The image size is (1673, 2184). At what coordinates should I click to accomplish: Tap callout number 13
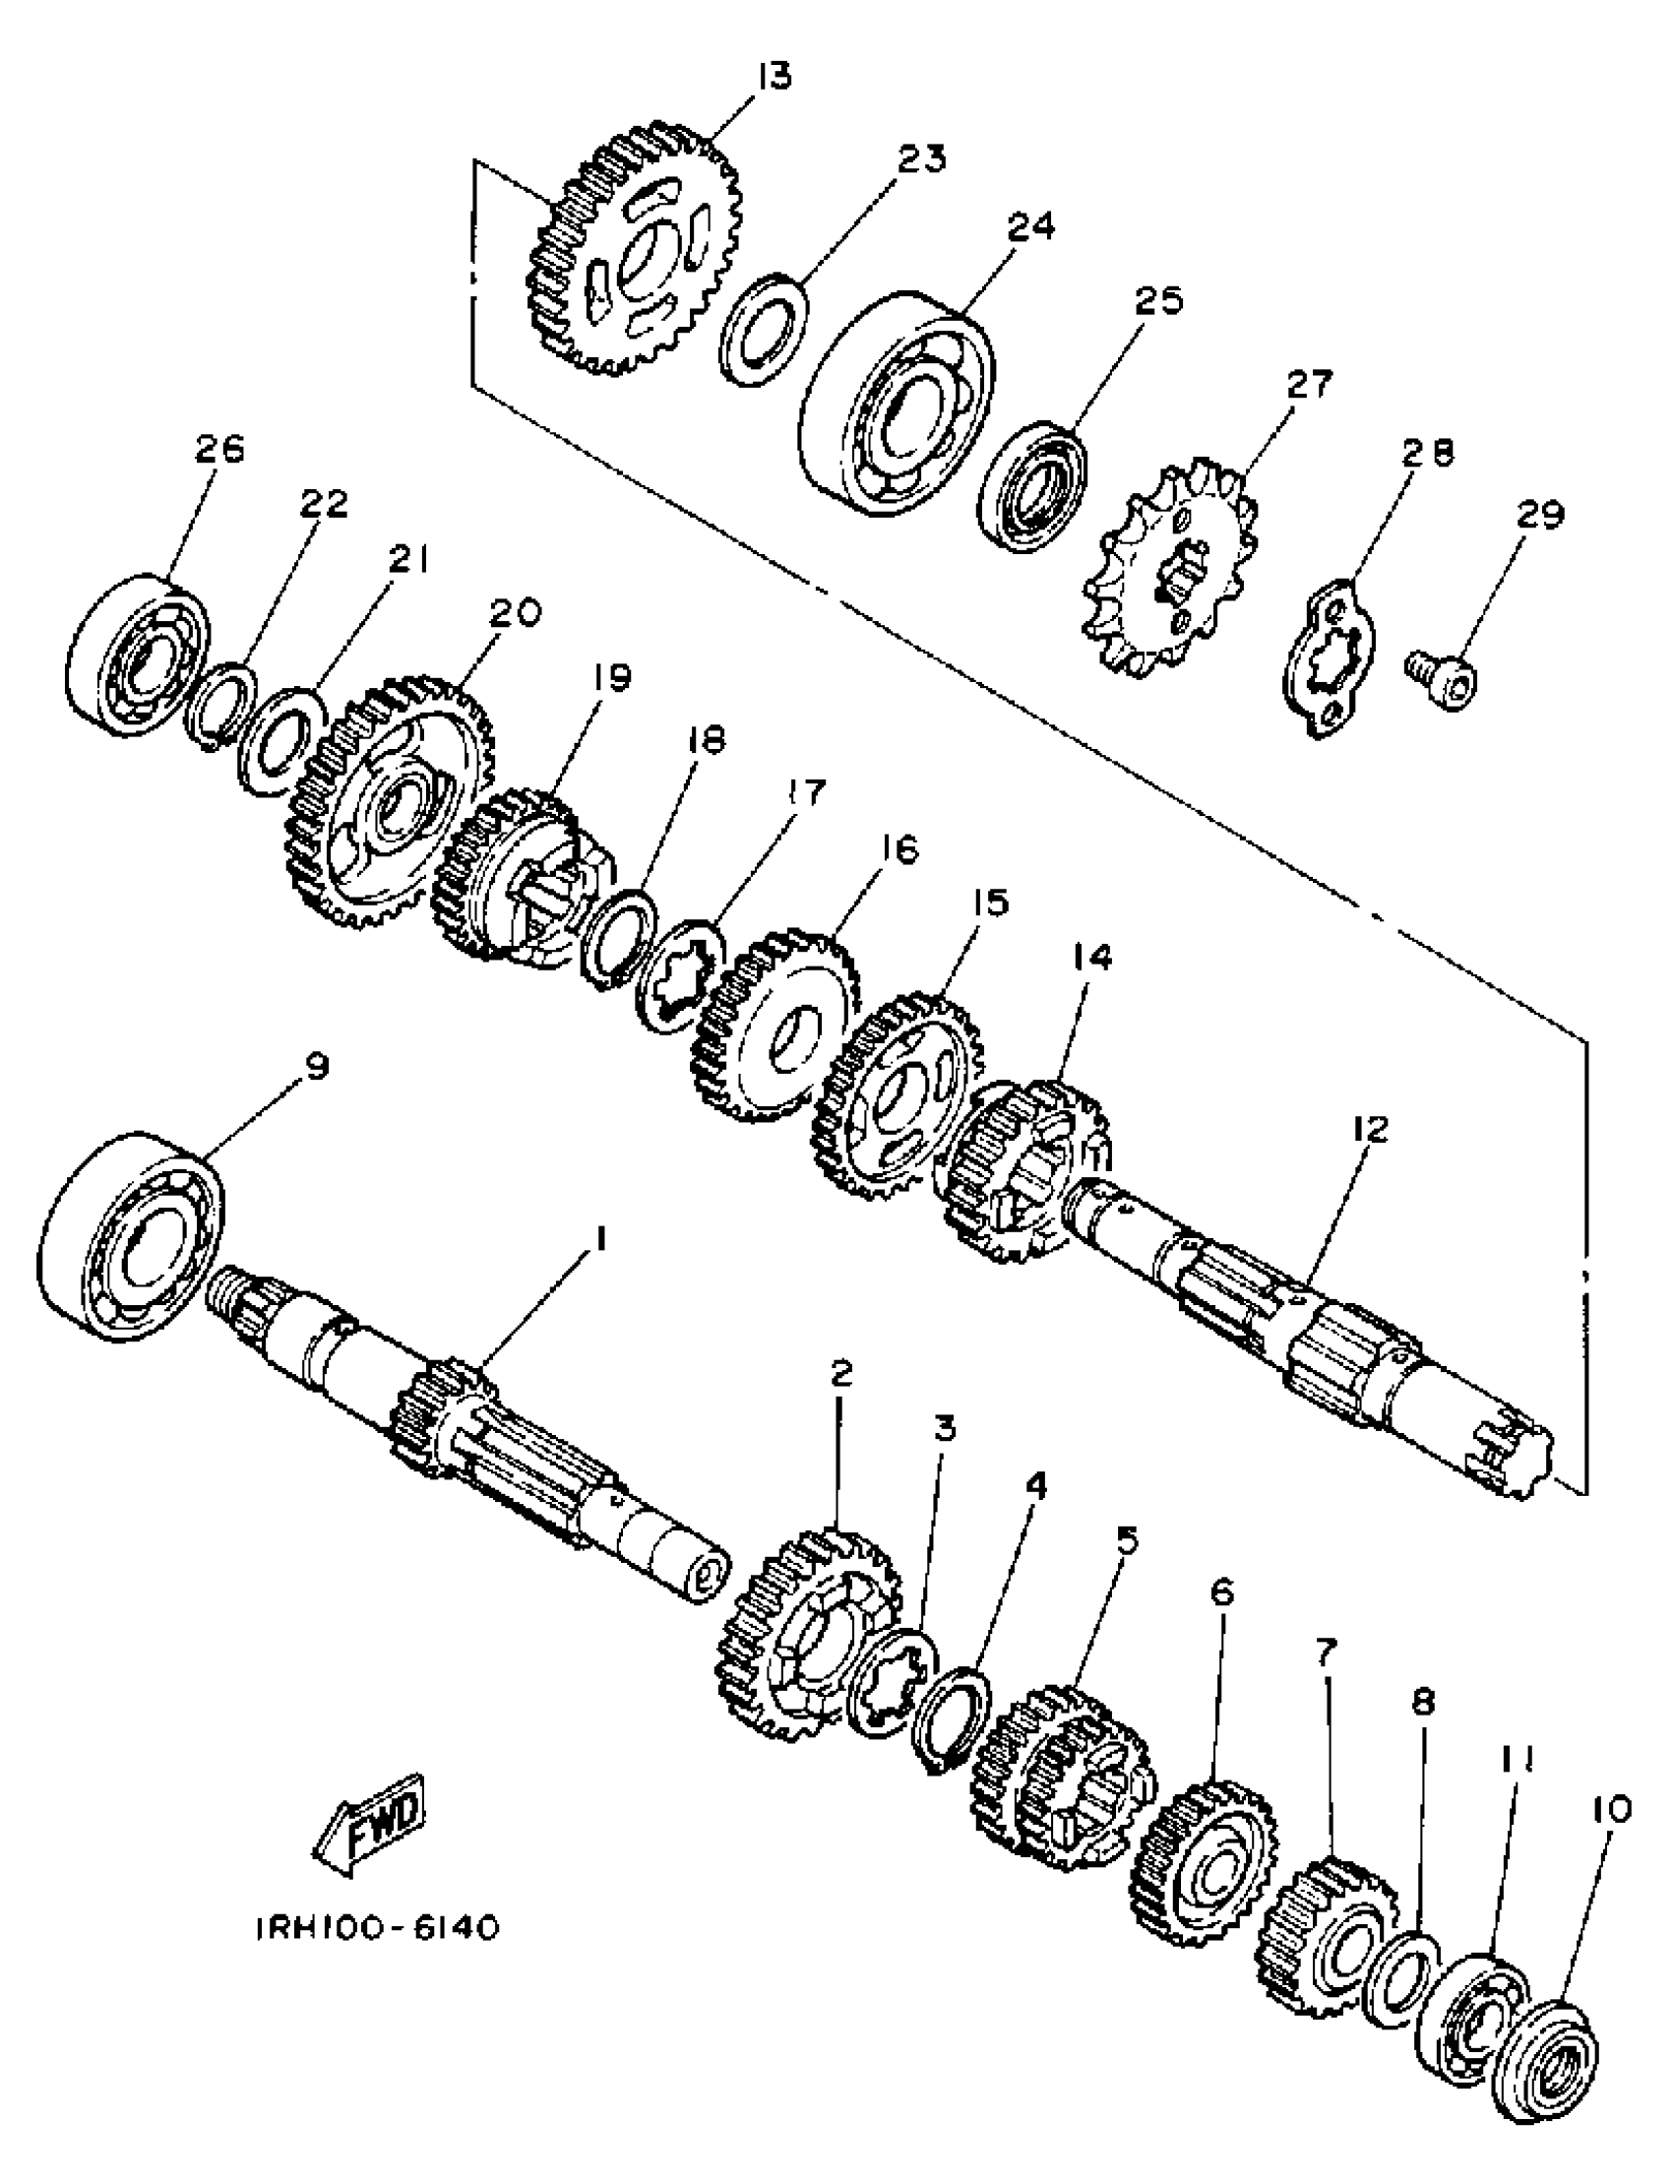pos(773,78)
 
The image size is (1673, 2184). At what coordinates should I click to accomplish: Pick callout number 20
pos(515,612)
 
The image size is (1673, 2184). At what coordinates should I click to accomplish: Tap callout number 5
pos(1126,1543)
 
